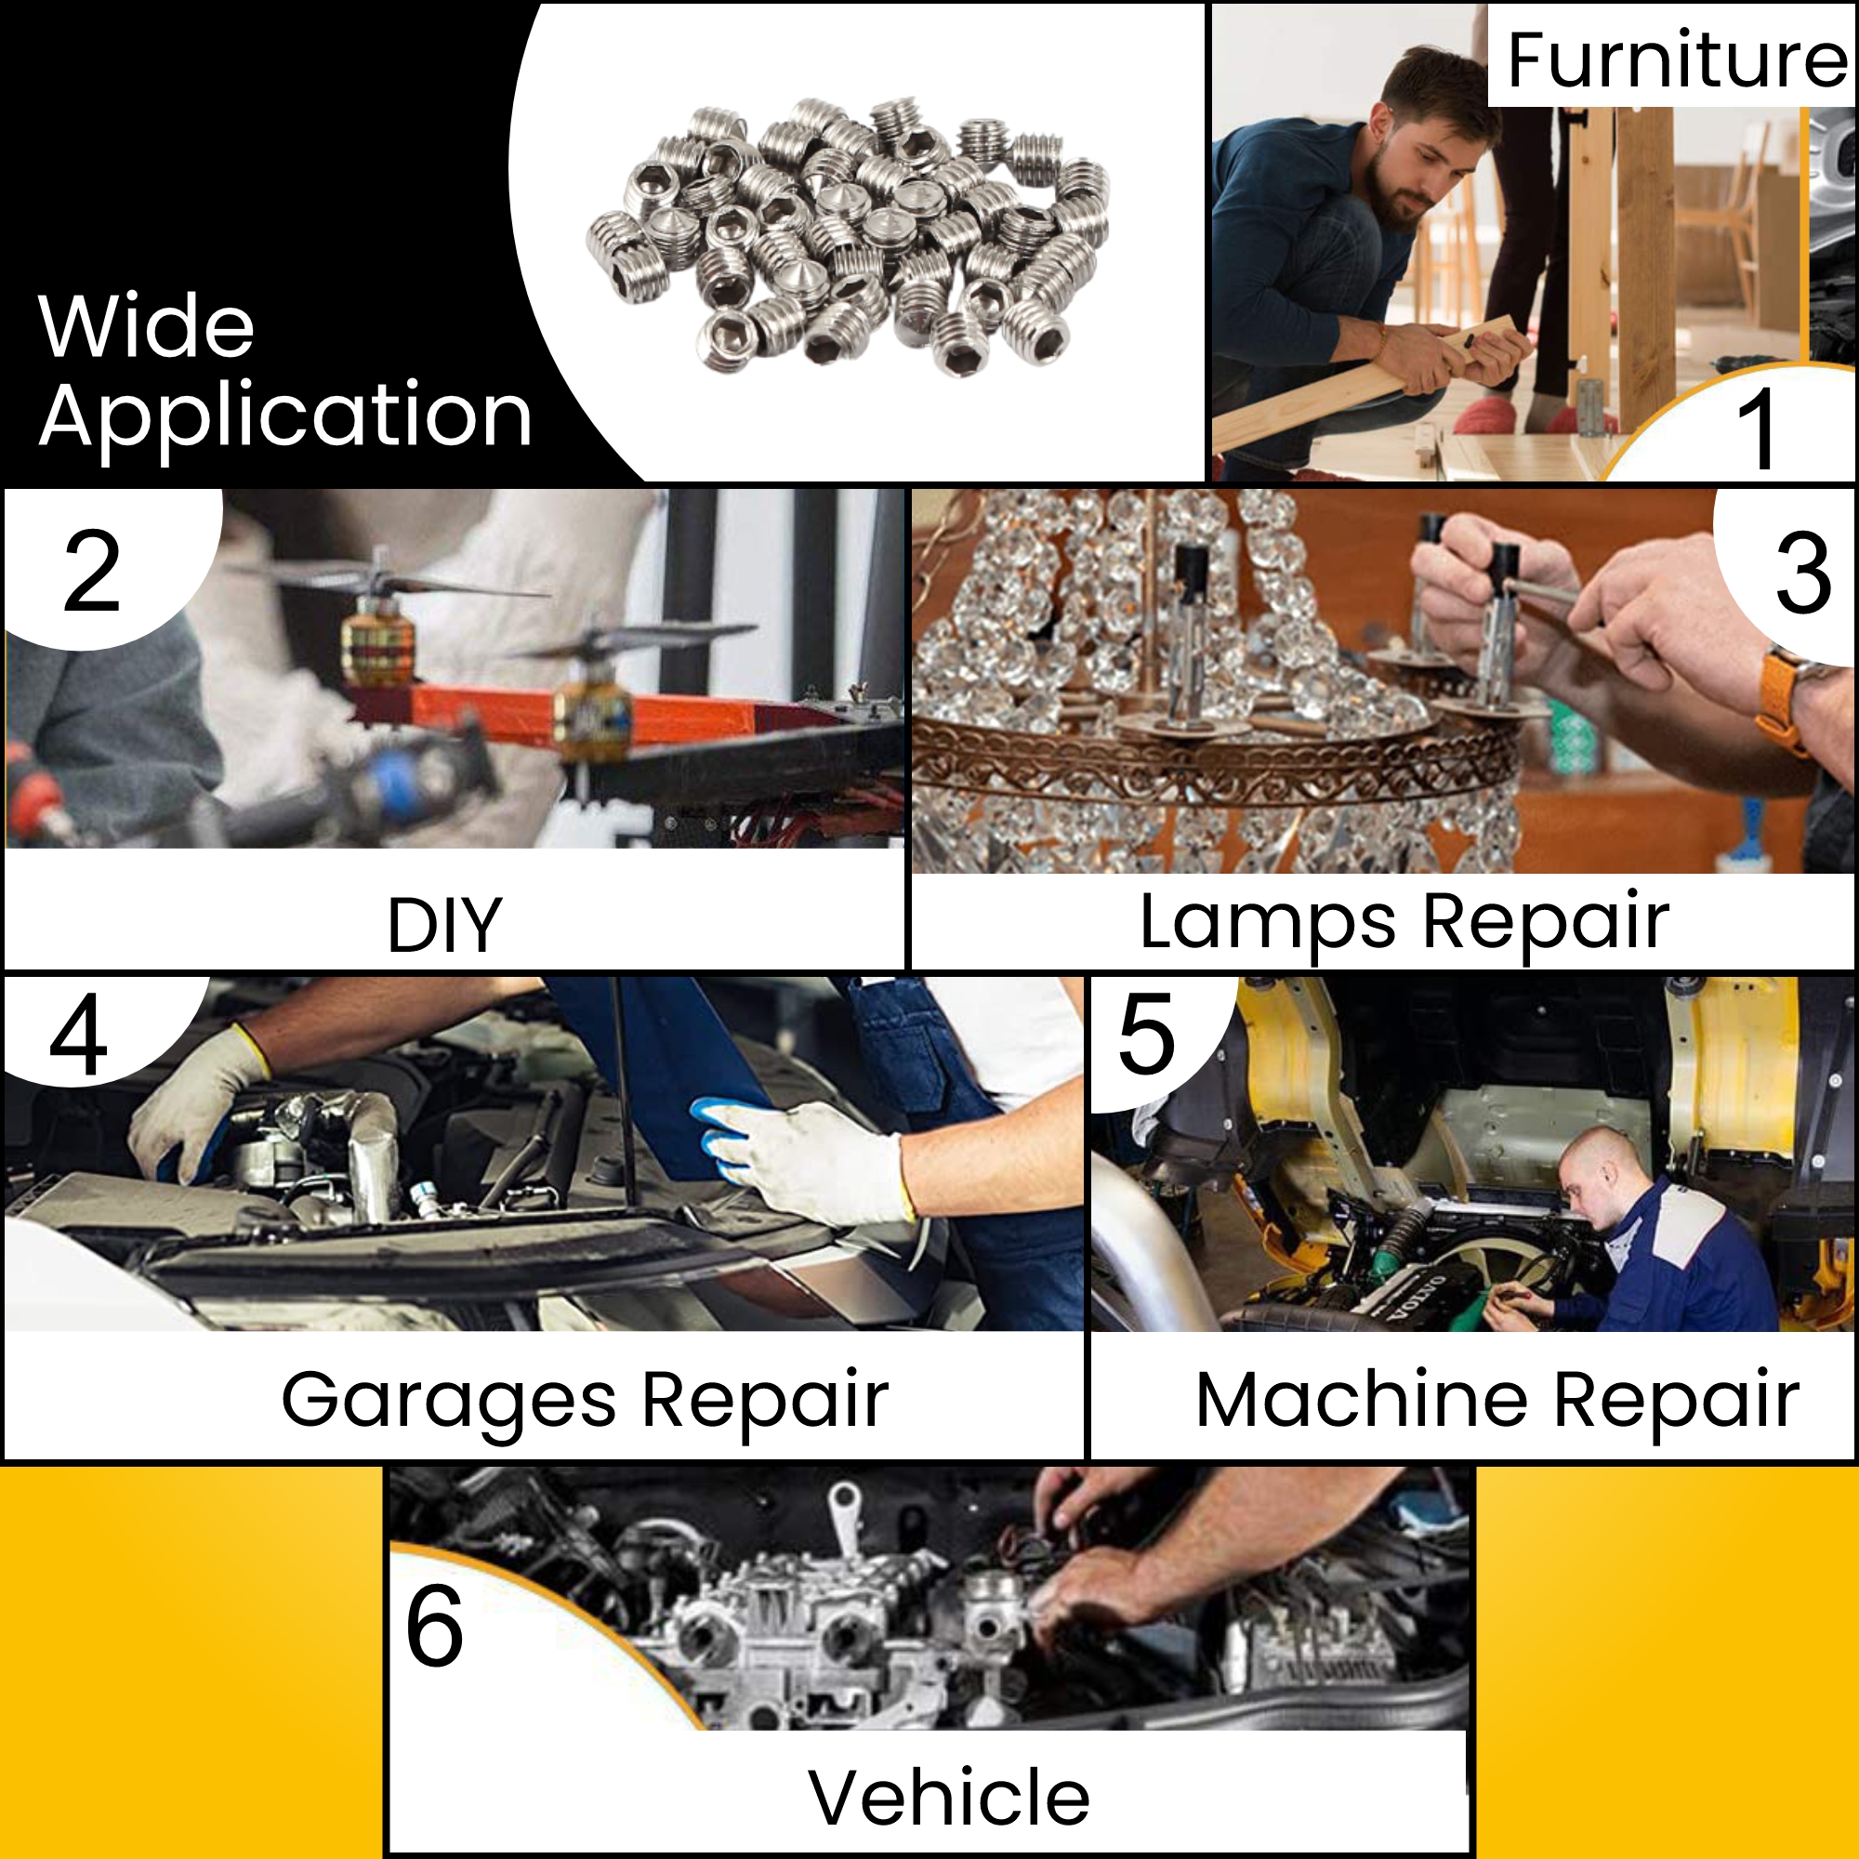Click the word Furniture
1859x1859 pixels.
(1675, 59)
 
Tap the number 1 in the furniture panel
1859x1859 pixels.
(1758, 429)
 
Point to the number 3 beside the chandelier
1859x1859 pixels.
(1802, 574)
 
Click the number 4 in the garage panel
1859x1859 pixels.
(78, 1035)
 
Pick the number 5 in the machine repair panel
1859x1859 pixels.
(1147, 1035)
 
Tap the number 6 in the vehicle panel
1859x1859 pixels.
(435, 1626)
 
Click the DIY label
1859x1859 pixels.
(444, 925)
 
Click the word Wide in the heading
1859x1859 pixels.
(146, 327)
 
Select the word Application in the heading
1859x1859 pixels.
(285, 416)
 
